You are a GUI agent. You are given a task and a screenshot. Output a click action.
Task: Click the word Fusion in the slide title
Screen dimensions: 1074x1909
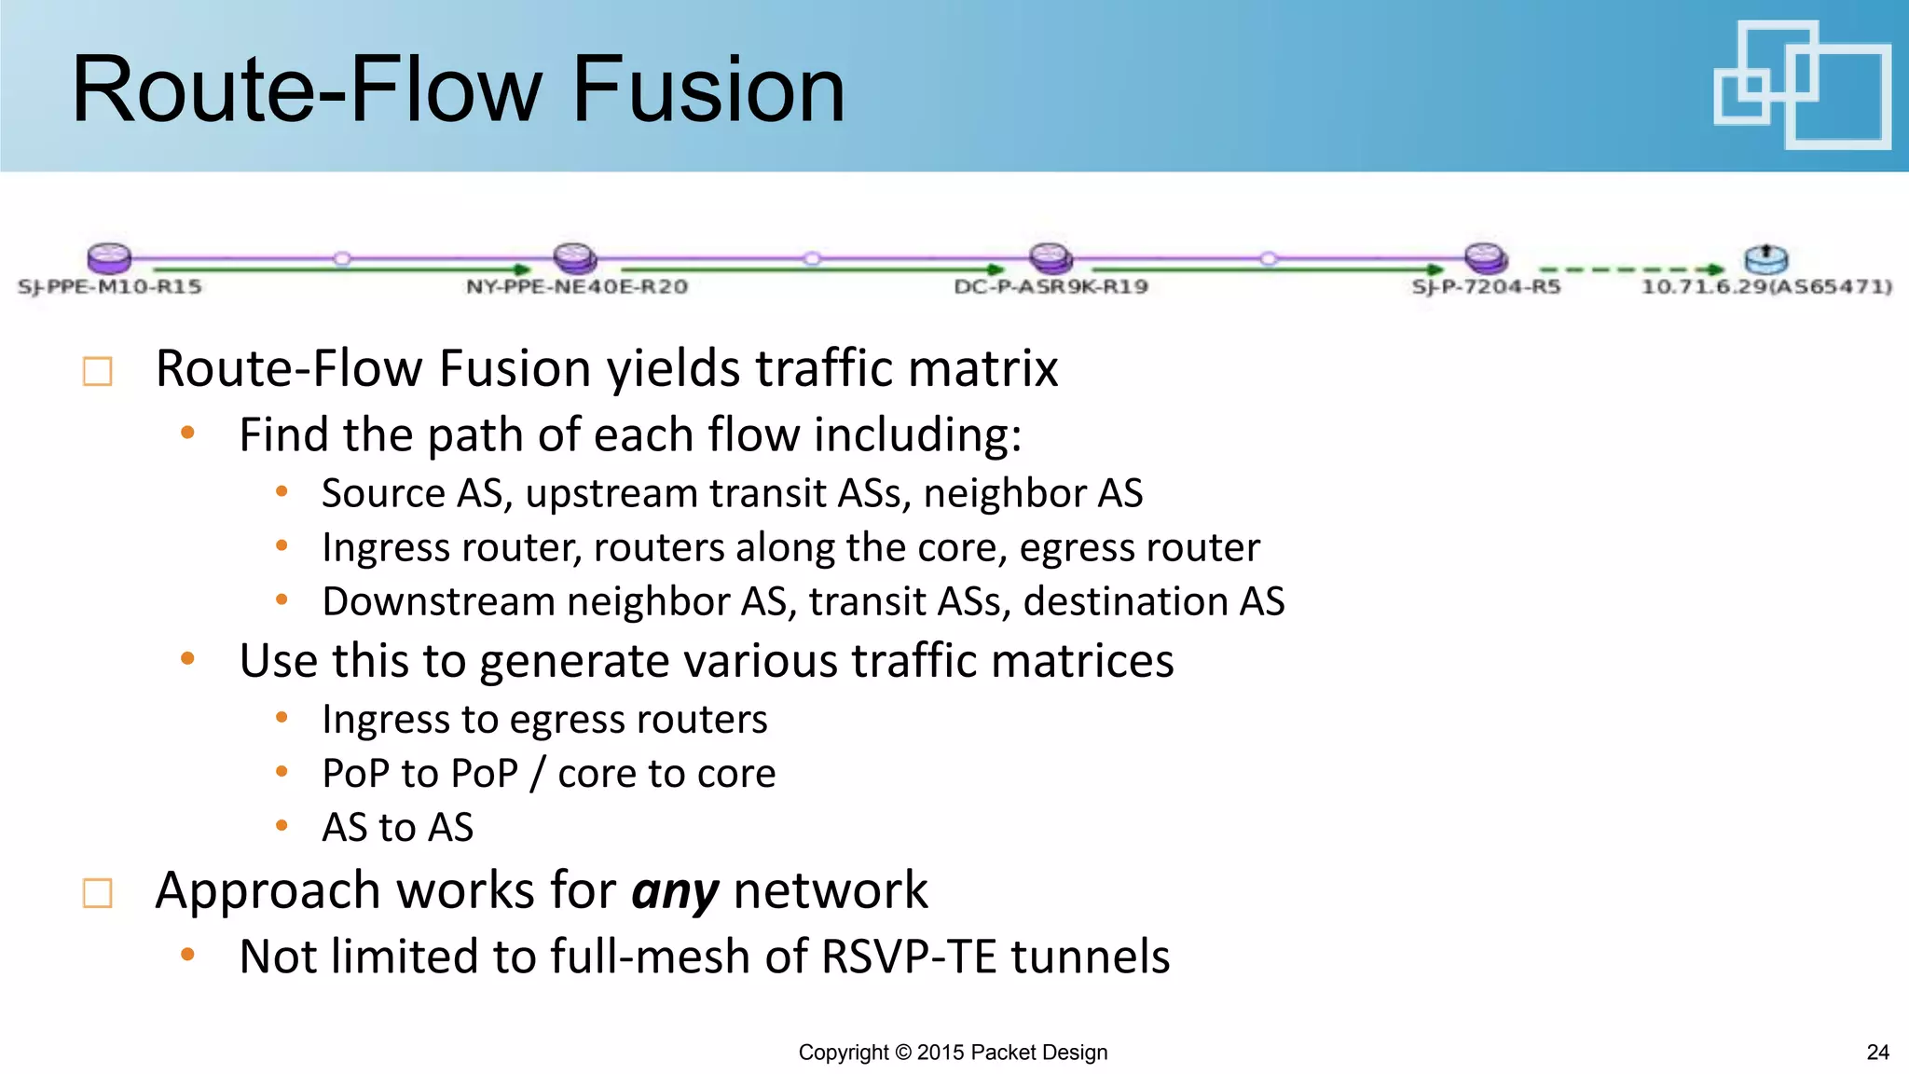pos(708,89)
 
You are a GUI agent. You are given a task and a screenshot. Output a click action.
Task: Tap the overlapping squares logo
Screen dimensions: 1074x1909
pos(1801,86)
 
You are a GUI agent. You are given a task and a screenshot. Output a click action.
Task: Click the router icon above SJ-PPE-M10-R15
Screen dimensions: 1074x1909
pos(109,257)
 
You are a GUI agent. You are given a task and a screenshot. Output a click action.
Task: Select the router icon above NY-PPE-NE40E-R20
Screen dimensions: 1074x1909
pos(574,257)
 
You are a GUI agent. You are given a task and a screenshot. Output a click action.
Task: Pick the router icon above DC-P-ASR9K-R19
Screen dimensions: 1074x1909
pos(1051,257)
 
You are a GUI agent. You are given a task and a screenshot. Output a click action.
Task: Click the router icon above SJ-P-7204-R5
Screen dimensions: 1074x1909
pos(1485,257)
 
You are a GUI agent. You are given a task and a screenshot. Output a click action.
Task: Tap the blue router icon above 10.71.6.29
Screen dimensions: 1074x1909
pos(1765,258)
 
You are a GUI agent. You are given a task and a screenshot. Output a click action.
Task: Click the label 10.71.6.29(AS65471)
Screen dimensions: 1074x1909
pos(1766,286)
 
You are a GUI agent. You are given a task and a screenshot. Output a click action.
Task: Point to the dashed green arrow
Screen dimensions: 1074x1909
pos(1631,269)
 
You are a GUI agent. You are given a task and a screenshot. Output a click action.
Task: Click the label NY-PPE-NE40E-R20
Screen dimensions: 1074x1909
pos(577,286)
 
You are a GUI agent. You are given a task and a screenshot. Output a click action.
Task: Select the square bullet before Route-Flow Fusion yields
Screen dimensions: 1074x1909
pos(98,371)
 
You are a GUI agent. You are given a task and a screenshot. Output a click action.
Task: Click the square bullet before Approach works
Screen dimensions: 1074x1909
pos(98,893)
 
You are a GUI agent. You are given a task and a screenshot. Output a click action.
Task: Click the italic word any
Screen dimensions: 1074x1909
pos(675,891)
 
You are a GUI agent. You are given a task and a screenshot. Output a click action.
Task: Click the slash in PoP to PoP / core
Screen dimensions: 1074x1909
pos(537,774)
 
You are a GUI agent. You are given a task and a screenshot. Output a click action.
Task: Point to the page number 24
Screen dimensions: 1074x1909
pos(1877,1053)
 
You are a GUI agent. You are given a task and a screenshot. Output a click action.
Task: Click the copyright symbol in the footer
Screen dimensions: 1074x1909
pos(902,1053)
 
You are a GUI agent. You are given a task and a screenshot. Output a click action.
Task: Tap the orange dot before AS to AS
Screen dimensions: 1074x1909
pos(282,825)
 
